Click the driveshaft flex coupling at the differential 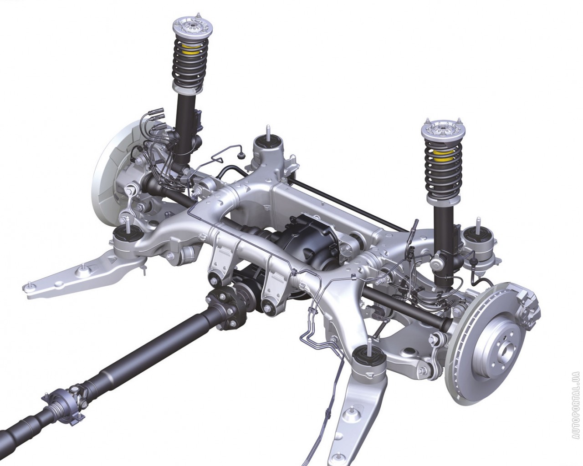point(223,308)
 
